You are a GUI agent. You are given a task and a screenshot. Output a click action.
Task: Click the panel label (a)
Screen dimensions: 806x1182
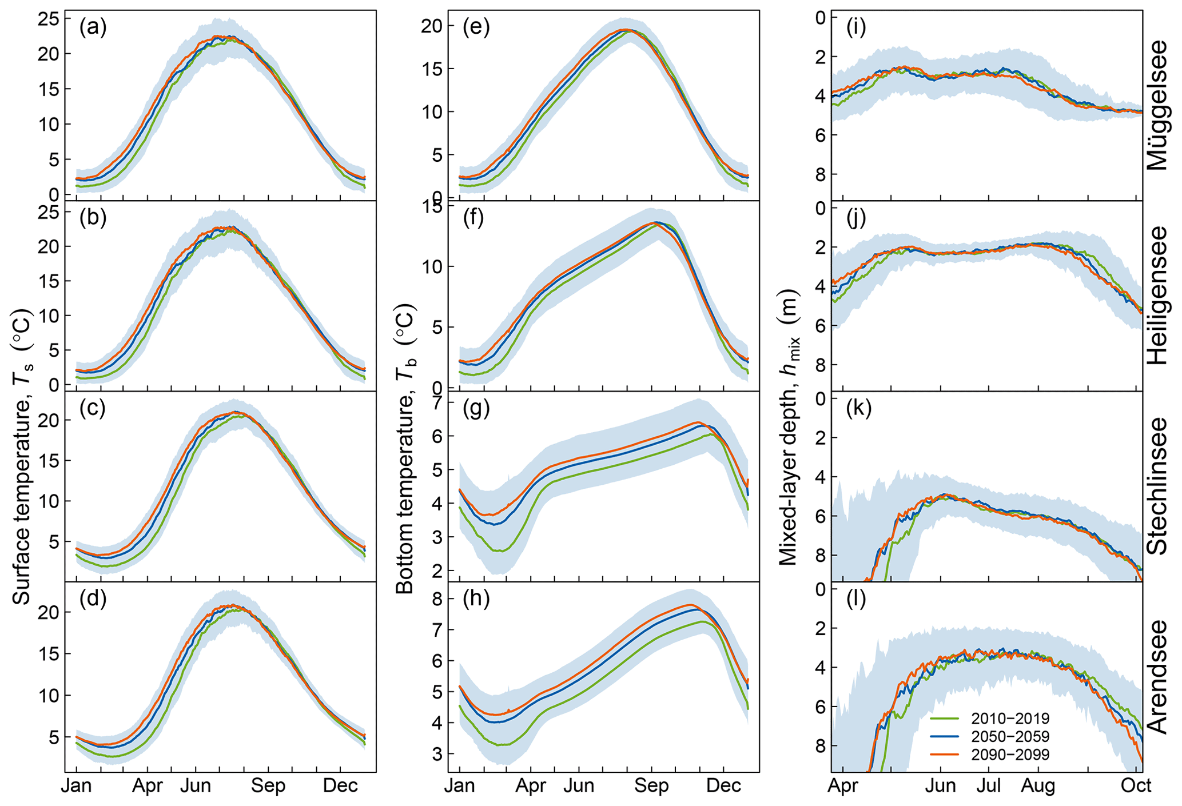[93, 27]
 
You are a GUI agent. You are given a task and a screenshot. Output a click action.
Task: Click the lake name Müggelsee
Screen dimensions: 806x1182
[1157, 105]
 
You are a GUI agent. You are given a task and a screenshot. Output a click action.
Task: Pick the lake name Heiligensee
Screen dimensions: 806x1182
[1157, 296]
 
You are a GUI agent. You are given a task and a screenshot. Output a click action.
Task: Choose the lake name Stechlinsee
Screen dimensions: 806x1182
[1157, 486]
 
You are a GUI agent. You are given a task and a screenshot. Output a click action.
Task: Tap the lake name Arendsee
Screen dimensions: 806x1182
[1157, 677]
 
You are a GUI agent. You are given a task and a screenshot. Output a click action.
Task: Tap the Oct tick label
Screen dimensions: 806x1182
[1136, 786]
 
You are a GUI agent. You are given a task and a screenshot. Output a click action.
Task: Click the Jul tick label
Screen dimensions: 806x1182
[988, 786]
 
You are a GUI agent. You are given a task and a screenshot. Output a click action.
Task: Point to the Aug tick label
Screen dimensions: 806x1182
[1038, 786]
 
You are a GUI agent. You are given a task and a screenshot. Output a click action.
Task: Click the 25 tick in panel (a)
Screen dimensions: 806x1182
[48, 19]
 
